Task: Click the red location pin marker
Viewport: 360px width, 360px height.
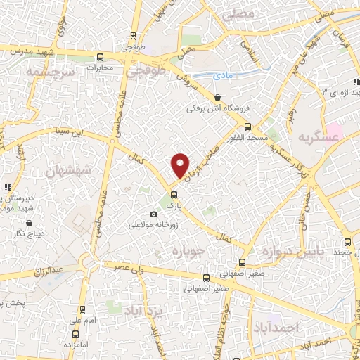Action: (181, 166)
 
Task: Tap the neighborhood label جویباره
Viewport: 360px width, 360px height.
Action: (188, 252)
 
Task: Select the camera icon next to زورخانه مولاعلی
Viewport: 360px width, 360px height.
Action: (154, 214)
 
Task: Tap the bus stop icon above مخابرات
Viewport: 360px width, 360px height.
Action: (101, 56)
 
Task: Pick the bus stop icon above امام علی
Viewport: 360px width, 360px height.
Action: (83, 309)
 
